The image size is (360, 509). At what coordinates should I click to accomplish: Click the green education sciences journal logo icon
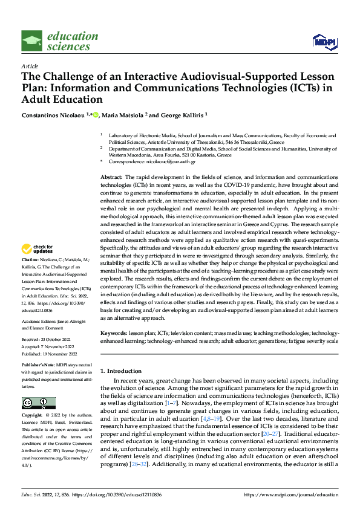pyautogui.click(x=32, y=41)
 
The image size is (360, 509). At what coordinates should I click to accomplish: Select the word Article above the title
pyautogui.click(x=29, y=66)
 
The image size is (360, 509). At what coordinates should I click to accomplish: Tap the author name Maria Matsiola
pyautogui.click(x=122, y=115)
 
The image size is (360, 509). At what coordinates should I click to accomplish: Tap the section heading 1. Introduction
pyautogui.click(x=123, y=370)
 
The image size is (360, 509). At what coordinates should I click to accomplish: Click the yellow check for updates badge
pyautogui.click(x=38, y=265)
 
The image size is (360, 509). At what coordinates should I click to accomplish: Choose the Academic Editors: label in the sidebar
pyautogui.click(x=38, y=322)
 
